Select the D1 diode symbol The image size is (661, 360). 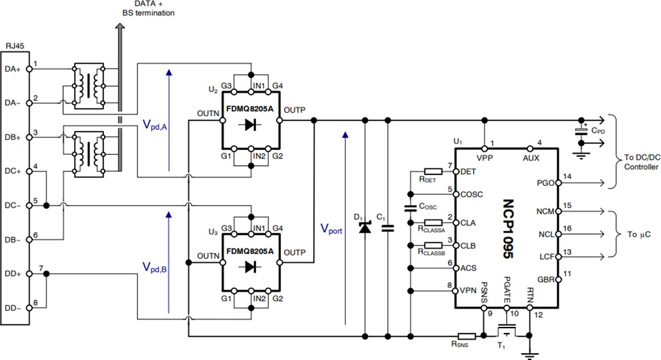365,228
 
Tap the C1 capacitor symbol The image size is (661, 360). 387,228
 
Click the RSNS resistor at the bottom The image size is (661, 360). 467,336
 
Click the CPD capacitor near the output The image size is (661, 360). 581,131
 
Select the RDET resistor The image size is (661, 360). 433,171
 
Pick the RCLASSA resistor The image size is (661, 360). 433,223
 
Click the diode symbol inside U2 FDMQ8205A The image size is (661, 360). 250,124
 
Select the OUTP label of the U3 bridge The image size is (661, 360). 295,252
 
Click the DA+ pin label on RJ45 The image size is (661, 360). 13,70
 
